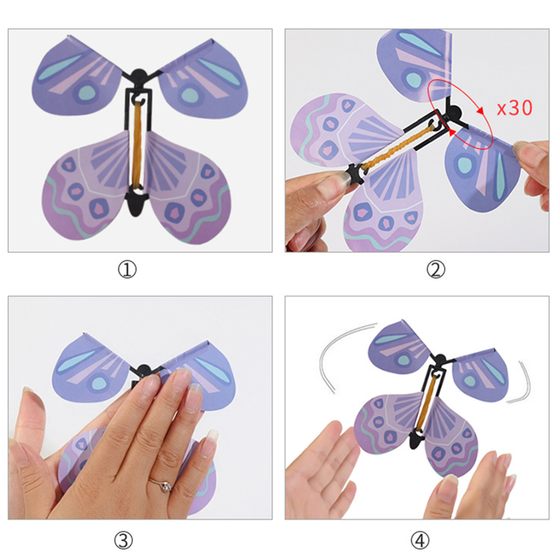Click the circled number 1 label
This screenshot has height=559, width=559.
pyautogui.click(x=127, y=269)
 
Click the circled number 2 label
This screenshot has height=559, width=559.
pyautogui.click(x=436, y=269)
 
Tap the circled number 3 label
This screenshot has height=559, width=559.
pyautogui.click(x=123, y=541)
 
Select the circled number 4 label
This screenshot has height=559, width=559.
pyautogui.click(x=420, y=541)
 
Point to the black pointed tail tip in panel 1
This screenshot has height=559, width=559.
pyautogui.click(x=136, y=215)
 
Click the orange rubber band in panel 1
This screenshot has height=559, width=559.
pyautogui.click(x=138, y=143)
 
